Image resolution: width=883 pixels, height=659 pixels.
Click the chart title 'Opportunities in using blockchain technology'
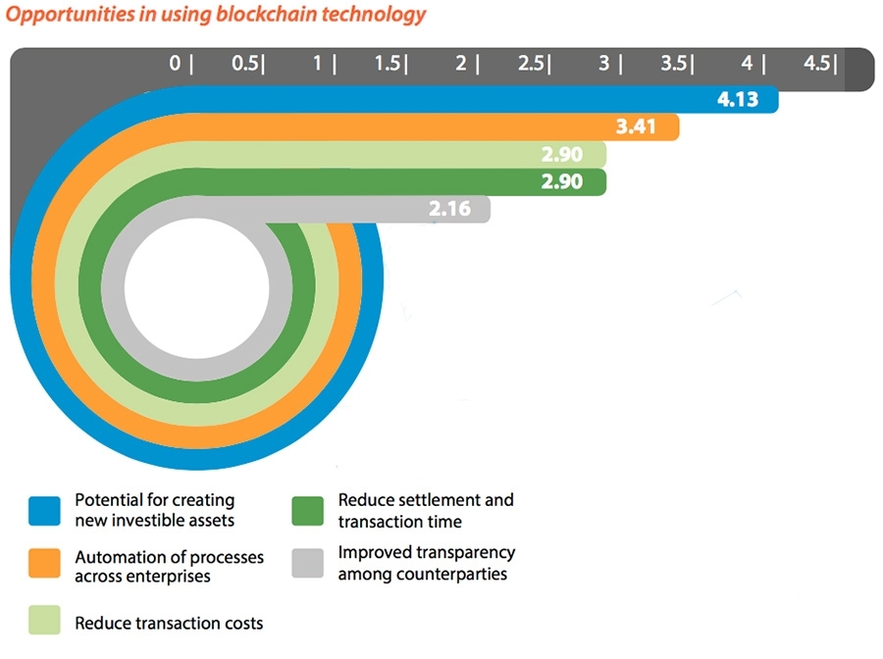click(x=216, y=15)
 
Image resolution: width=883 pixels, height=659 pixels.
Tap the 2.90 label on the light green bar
click(x=561, y=155)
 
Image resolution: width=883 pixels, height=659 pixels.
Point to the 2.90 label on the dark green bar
click(x=561, y=181)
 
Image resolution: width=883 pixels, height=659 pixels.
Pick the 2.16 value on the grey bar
click(x=449, y=209)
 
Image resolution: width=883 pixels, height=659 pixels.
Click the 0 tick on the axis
click(x=176, y=64)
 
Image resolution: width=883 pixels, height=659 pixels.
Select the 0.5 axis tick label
click(x=245, y=64)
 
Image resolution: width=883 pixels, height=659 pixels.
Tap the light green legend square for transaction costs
click(x=45, y=622)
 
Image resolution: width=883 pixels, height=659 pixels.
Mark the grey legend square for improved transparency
click(x=308, y=564)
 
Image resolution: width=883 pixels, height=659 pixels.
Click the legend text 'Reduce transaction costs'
click(x=169, y=623)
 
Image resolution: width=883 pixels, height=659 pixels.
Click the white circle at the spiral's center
click(x=196, y=289)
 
